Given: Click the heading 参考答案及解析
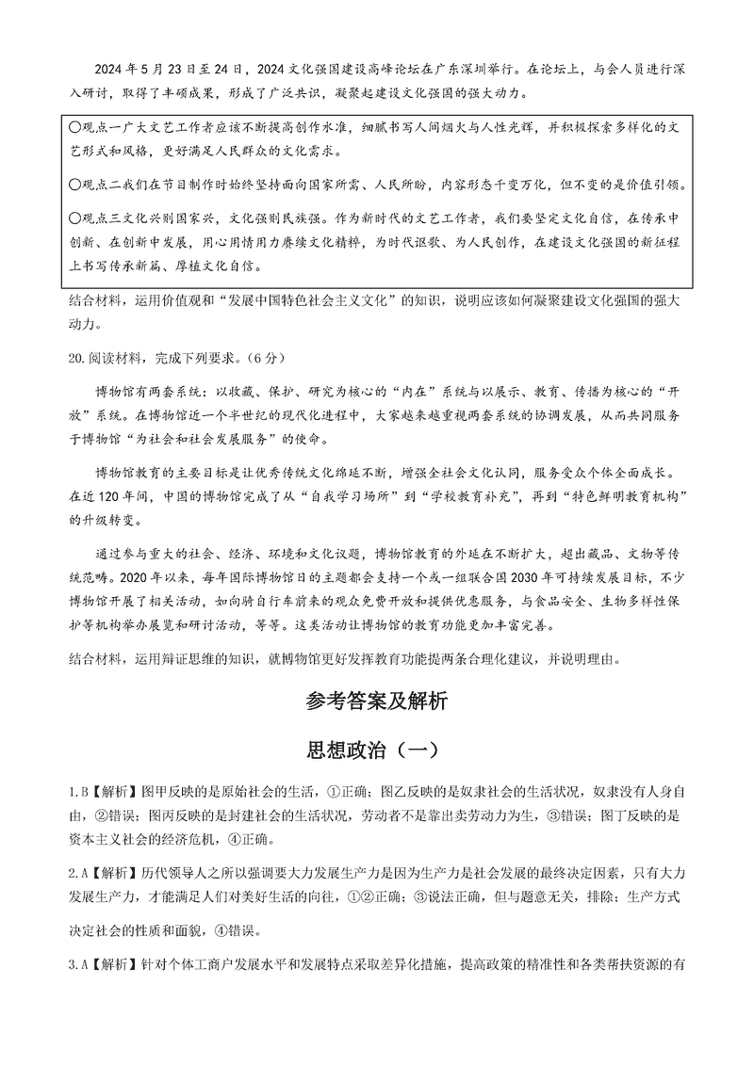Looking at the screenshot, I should [376, 701].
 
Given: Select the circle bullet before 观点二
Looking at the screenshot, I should [75, 185].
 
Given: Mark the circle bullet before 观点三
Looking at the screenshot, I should [75, 218].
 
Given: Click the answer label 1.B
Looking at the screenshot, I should [75, 789].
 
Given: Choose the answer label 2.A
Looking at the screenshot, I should [75, 870].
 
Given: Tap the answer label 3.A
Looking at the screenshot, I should [75, 964].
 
